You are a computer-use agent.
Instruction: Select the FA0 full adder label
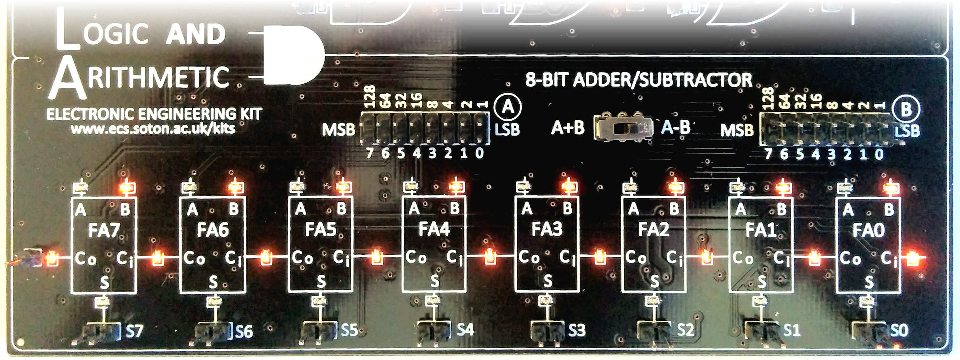pos(868,230)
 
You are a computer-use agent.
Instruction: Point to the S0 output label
pos(899,330)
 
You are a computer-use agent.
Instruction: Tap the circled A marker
pos(508,107)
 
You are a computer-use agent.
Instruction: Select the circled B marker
pos(906,110)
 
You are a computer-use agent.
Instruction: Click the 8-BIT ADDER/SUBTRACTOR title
pos(638,80)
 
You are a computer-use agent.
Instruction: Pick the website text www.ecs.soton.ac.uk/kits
pos(153,129)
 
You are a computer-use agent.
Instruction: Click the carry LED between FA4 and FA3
pos(490,257)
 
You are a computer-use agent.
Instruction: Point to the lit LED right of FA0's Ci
pos(912,257)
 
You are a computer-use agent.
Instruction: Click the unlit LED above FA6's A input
pos(190,187)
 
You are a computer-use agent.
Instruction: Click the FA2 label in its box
pos(653,229)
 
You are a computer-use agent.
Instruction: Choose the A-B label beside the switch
pos(676,128)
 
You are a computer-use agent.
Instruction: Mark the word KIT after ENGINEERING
pos(251,114)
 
